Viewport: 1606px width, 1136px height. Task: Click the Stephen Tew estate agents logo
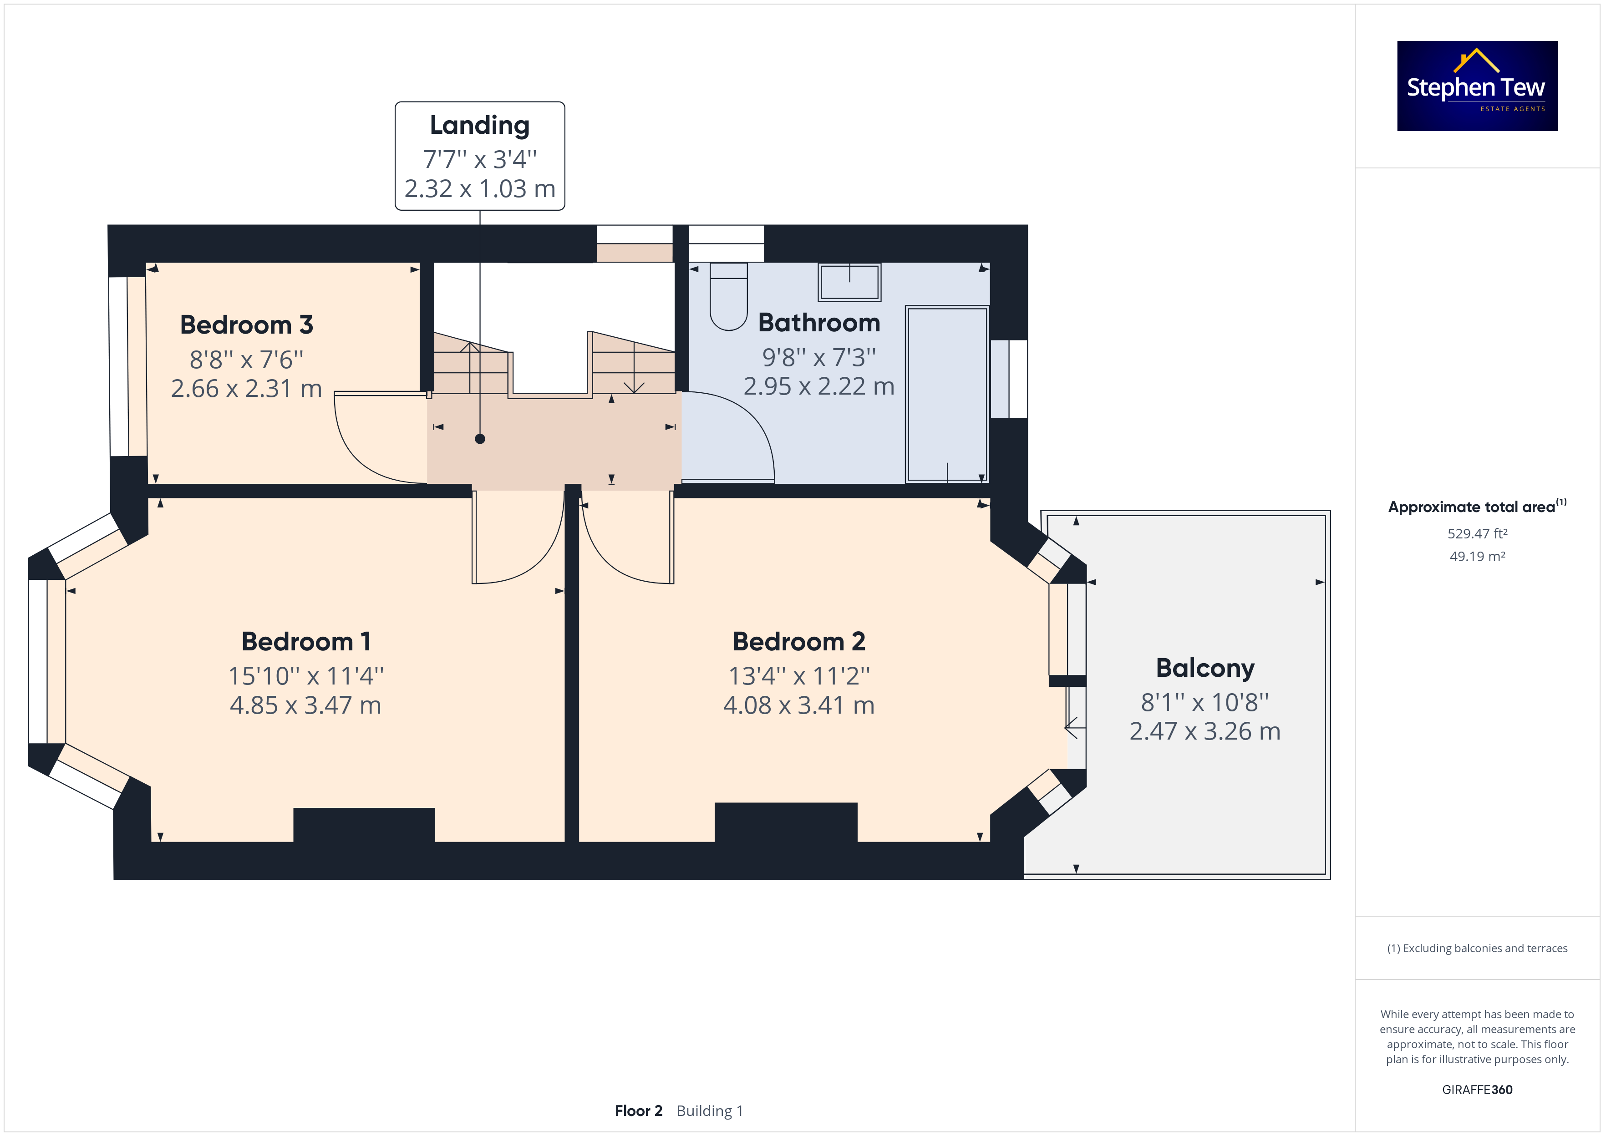[x=1477, y=86]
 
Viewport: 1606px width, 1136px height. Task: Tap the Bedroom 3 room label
[x=246, y=325]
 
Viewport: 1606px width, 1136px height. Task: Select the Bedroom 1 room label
[x=305, y=641]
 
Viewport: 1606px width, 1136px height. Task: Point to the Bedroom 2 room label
[x=799, y=641]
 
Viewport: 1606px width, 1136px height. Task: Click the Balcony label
[x=1205, y=669]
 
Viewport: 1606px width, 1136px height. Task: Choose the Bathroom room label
[x=819, y=323]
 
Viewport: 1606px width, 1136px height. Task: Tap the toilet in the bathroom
[x=729, y=296]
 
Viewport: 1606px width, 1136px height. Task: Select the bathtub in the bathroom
[x=947, y=394]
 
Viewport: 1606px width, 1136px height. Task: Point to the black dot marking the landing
[x=480, y=439]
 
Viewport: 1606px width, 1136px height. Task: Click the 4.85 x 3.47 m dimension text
[x=305, y=705]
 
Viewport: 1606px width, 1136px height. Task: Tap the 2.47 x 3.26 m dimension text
[x=1205, y=731]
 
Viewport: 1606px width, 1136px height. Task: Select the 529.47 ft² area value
[x=1477, y=534]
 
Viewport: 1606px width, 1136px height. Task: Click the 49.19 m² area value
[x=1477, y=557]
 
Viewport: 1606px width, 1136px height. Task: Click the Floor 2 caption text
[x=639, y=1111]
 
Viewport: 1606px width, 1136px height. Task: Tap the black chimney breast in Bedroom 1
[x=364, y=826]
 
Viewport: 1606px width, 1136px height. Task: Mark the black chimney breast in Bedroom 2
[x=786, y=822]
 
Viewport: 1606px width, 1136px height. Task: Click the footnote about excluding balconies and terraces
[x=1477, y=948]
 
